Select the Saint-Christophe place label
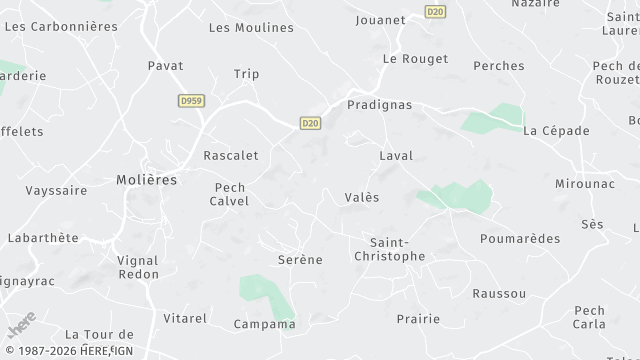(x=390, y=249)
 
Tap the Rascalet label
(x=231, y=156)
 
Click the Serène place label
(x=300, y=260)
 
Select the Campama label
(x=264, y=324)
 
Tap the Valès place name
(x=361, y=198)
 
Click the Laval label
(x=396, y=156)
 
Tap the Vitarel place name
(x=185, y=318)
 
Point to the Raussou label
(x=499, y=293)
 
